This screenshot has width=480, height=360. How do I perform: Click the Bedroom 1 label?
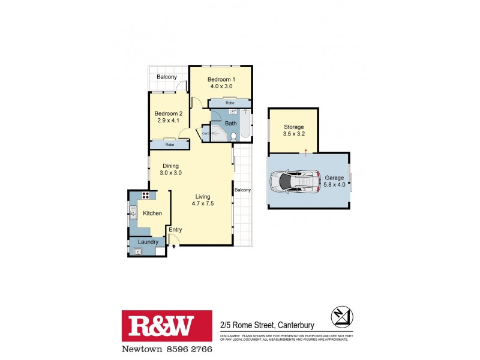point(221,79)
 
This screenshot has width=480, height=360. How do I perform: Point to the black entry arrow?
point(174,244)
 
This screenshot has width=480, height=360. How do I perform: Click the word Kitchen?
point(152,213)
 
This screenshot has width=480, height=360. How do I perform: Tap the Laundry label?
point(148,242)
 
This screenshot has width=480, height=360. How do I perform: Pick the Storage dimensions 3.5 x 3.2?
point(294,134)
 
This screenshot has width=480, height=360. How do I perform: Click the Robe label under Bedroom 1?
point(230,103)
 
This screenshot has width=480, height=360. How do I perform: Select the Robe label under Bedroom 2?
point(170,145)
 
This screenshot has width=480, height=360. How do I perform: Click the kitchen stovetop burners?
point(145,196)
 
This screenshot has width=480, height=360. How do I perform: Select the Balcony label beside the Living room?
point(242,190)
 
